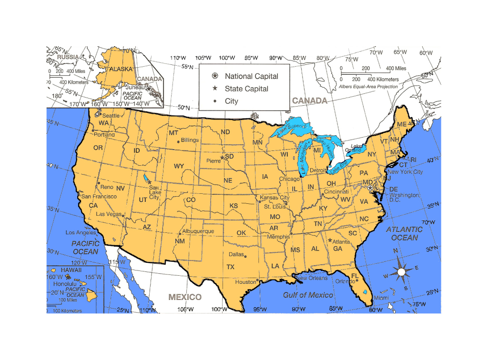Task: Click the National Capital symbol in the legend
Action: (x=215, y=76)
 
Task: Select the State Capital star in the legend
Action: (x=215, y=89)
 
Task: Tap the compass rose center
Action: (x=401, y=272)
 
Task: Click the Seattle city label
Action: (x=111, y=116)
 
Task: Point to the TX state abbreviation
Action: (x=230, y=267)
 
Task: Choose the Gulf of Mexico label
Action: (x=308, y=295)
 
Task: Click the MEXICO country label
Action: (x=185, y=297)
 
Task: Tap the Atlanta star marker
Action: (x=330, y=240)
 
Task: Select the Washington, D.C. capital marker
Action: (x=370, y=188)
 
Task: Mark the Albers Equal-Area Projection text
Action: (x=368, y=87)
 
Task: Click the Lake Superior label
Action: (x=291, y=129)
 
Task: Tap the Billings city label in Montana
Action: (x=190, y=140)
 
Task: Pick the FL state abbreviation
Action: (x=355, y=276)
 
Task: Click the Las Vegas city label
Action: (x=108, y=214)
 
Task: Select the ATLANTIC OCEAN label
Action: (x=404, y=233)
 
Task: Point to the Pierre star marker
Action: (x=222, y=158)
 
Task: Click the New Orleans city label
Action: (x=313, y=278)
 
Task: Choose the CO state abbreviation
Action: (x=191, y=200)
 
